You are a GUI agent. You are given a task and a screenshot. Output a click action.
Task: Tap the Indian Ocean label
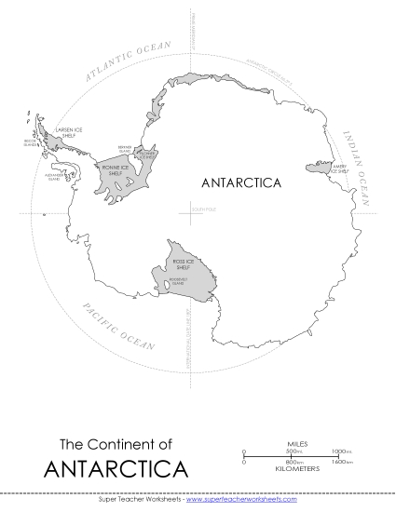tap(360, 168)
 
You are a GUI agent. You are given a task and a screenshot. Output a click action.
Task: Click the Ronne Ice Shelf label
tap(116, 169)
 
